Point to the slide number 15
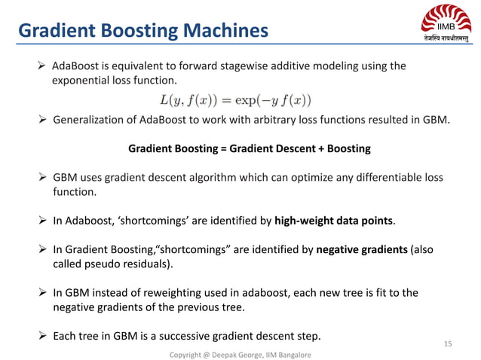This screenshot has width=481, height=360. point(448,343)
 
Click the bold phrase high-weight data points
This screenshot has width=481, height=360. point(334,221)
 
